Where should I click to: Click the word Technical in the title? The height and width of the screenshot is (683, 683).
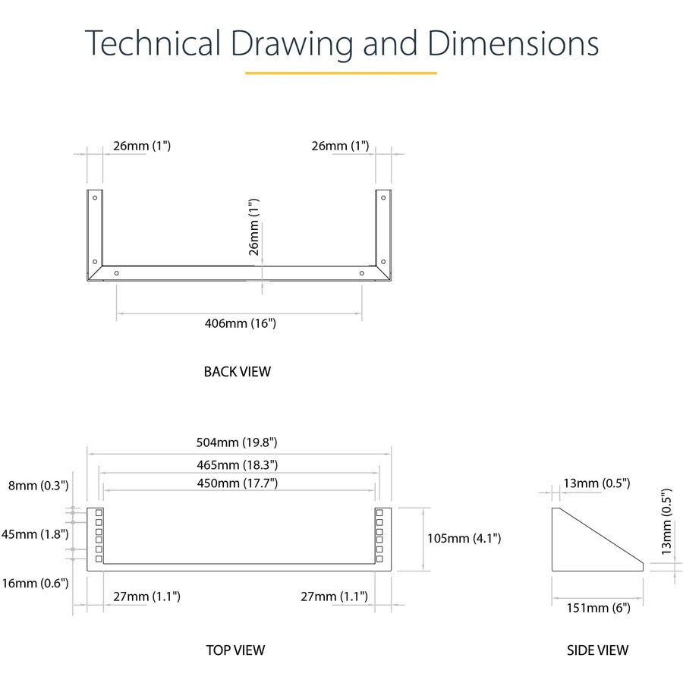(153, 43)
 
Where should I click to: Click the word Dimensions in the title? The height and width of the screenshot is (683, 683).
(513, 43)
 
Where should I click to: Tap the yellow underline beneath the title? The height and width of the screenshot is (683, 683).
(341, 73)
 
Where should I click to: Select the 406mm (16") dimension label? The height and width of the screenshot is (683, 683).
(241, 323)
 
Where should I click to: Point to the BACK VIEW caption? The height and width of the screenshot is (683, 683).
(238, 372)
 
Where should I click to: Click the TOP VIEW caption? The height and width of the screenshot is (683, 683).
(236, 650)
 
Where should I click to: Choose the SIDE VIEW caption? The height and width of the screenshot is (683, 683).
(598, 650)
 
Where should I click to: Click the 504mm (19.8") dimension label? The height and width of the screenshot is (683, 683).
(237, 442)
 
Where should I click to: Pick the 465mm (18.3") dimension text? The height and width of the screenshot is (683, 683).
(237, 465)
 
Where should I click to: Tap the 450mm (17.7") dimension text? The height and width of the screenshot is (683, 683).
(237, 483)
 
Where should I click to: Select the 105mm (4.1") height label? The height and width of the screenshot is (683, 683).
(464, 538)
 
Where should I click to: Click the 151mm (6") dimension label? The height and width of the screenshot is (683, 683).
(599, 608)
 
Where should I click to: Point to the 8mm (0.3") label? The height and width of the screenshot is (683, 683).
(39, 486)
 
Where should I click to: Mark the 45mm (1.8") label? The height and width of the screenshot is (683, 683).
(35, 534)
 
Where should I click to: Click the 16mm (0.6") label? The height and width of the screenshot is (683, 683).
(35, 583)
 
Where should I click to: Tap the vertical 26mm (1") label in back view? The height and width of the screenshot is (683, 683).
(253, 227)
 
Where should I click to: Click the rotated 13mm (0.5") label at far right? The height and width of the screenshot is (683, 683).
(666, 522)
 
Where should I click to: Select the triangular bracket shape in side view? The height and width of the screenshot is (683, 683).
(597, 540)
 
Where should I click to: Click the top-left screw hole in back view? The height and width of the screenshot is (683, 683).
(95, 198)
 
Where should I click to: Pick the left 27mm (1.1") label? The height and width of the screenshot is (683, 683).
(146, 596)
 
